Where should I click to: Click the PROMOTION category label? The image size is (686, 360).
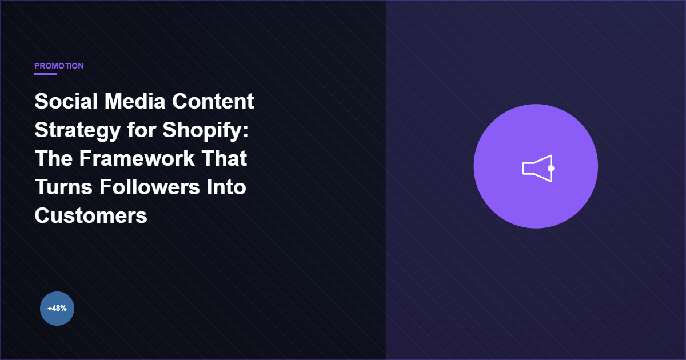59,66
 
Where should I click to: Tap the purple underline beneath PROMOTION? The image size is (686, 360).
46,74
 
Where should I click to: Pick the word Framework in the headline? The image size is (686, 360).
137,158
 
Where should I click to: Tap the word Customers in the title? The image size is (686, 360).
91,215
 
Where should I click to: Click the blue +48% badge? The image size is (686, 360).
57,309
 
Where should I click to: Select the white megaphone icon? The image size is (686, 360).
536,169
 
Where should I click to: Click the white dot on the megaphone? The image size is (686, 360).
551,169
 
